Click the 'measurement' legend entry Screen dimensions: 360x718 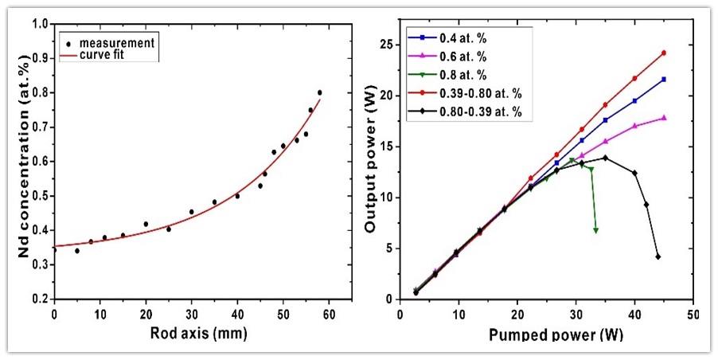click(x=114, y=40)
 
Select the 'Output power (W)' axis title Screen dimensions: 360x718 click(x=371, y=163)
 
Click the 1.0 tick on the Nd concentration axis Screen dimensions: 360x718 click(x=38, y=23)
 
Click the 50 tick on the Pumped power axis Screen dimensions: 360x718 click(x=693, y=313)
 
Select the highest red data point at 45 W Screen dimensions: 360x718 click(x=663, y=53)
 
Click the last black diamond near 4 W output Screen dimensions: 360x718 click(x=658, y=256)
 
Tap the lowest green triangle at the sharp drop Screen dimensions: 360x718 click(x=595, y=231)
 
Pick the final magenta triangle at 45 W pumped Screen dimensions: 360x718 click(x=663, y=118)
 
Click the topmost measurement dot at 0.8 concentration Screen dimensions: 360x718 click(x=319, y=92)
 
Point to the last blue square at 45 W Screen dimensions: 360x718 click(x=663, y=79)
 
